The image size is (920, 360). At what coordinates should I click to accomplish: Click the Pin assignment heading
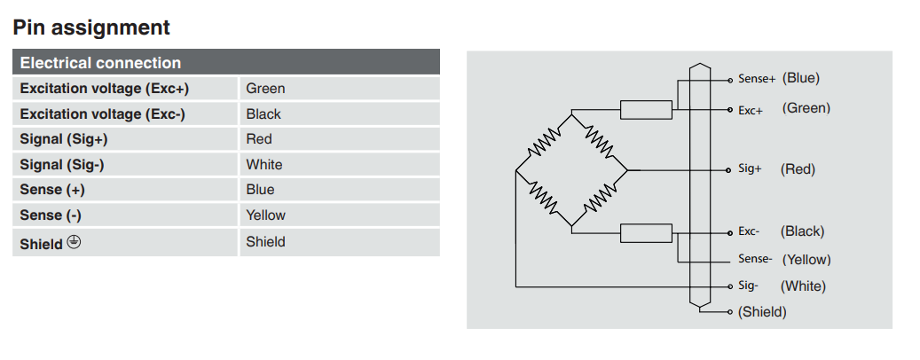91,27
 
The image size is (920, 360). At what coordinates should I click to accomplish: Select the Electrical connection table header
100,63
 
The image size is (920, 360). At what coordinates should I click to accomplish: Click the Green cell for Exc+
265,89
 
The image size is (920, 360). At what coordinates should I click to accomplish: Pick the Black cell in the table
263,113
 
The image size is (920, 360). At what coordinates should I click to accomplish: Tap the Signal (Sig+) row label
64,139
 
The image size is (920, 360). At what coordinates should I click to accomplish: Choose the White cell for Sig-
264,164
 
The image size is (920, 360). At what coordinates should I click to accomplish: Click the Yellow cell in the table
265,215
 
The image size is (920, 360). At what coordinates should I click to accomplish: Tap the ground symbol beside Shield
74,242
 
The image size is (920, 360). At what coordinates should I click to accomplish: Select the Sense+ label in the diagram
757,79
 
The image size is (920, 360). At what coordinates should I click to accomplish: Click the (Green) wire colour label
806,108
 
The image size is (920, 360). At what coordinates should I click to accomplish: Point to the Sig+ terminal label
750,168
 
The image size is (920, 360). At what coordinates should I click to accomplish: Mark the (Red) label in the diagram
798,169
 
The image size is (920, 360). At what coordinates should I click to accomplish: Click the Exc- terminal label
749,231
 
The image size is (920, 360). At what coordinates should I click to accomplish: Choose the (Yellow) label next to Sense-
806,260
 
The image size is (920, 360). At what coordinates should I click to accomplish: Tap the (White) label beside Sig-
803,286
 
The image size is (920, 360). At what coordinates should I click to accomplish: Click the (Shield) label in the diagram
762,312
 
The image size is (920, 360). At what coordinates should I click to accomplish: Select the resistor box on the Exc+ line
646,110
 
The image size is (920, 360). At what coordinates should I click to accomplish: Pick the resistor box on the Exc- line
646,233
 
